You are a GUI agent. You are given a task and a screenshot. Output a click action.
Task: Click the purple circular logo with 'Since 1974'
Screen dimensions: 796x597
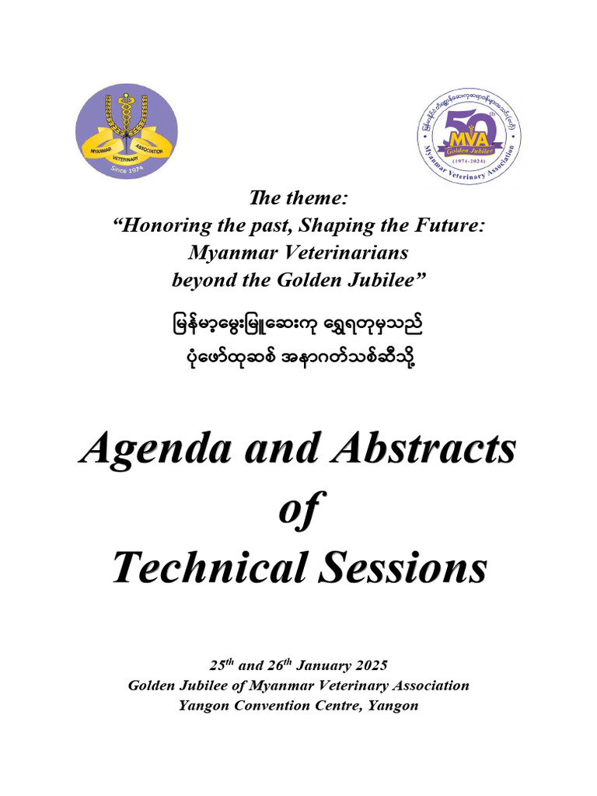(x=127, y=131)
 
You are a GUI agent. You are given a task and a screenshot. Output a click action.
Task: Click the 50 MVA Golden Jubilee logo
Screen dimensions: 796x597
(x=469, y=135)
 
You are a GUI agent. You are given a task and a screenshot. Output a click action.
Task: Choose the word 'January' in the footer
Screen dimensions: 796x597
(x=334, y=666)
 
